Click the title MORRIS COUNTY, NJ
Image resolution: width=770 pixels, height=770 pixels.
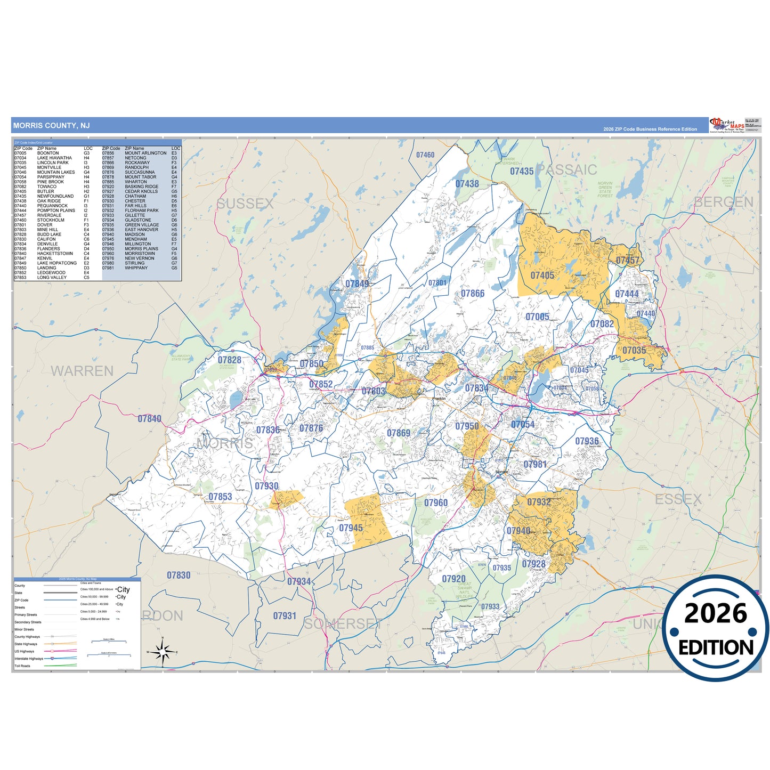[51, 126]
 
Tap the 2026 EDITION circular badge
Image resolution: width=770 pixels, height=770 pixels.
[716, 629]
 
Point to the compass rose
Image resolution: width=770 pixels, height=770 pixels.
[163, 651]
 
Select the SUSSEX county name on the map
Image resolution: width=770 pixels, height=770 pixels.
[245, 204]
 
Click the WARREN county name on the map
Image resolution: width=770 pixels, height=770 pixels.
[82, 371]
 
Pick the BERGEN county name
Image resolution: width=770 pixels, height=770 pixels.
[724, 202]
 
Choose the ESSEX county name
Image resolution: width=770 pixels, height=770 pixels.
[678, 499]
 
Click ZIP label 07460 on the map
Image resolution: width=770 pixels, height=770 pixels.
[425, 155]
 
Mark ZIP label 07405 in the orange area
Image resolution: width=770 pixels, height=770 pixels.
[542, 275]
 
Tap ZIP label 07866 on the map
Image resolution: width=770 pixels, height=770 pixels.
[473, 294]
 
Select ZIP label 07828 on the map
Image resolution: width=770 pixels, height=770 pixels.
[230, 360]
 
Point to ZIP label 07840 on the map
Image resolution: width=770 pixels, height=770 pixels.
[149, 419]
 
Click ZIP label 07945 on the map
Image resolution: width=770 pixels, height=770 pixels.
[351, 528]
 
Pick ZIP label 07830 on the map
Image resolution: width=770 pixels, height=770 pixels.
[179, 576]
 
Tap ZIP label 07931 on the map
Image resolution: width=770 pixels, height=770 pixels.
[285, 616]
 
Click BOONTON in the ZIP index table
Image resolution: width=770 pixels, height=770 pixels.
[48, 153]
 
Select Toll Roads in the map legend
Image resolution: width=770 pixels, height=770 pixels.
[22, 666]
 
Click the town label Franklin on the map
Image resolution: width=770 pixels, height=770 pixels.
[439, 399]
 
